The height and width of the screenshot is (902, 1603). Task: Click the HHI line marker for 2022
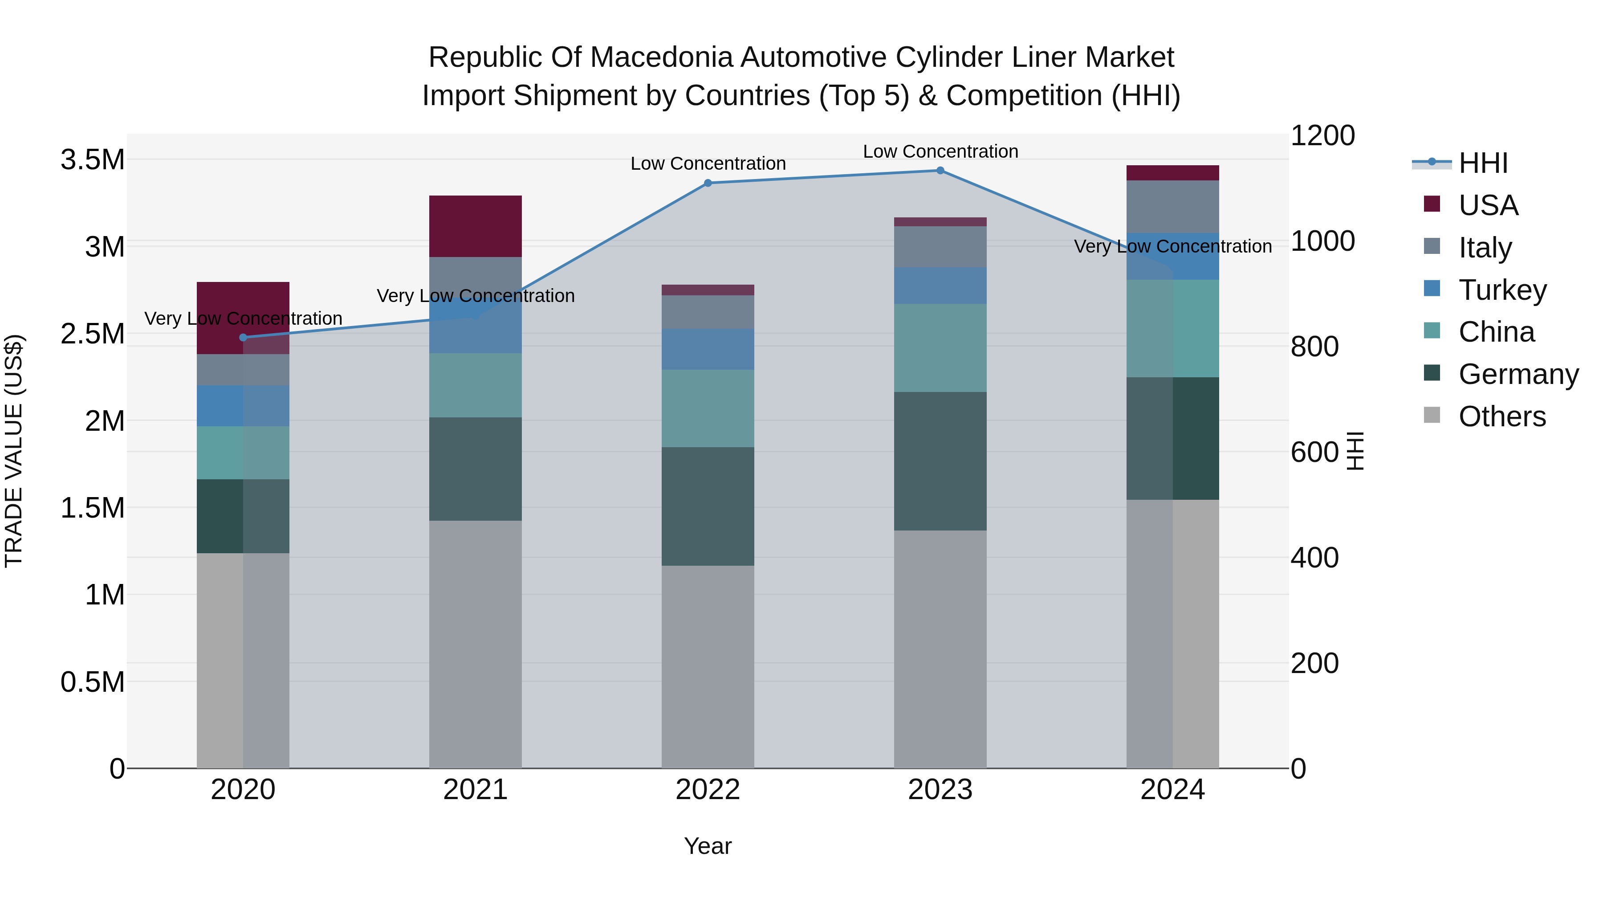[x=708, y=183]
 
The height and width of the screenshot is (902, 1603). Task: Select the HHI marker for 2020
[x=243, y=337]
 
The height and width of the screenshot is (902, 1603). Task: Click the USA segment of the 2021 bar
[x=476, y=226]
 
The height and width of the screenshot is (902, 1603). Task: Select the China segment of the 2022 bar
[x=708, y=408]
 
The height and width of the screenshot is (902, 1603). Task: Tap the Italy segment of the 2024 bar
[x=1172, y=206]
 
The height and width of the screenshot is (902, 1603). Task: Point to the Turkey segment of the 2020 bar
[x=243, y=405]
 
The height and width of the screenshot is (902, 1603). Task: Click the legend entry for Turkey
[x=1501, y=290]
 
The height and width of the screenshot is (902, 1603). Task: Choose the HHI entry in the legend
[x=1482, y=163]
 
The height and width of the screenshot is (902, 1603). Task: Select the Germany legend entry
[x=1518, y=375]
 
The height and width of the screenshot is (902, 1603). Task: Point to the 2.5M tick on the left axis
[x=92, y=334]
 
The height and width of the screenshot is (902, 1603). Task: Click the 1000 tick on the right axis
[x=1322, y=241]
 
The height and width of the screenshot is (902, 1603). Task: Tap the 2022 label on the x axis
[x=708, y=790]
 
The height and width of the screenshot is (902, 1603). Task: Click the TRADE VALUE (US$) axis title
[x=14, y=451]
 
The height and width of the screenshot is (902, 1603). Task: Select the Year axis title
[x=708, y=846]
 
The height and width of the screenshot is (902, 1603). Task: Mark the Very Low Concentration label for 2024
[x=1172, y=246]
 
